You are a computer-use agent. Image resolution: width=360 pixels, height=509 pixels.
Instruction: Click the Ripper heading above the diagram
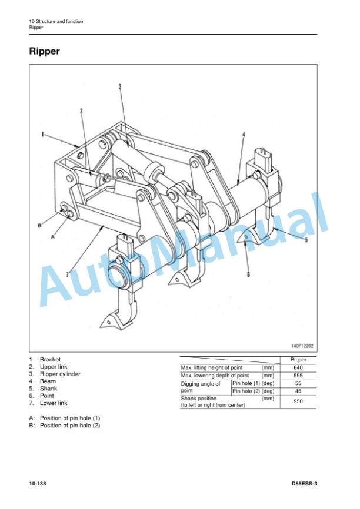45,51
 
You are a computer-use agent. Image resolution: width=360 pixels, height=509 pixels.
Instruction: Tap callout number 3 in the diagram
120,86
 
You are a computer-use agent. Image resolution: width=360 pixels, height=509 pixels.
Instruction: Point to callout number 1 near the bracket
42,134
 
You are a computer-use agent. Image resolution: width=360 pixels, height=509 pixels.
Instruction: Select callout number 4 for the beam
244,135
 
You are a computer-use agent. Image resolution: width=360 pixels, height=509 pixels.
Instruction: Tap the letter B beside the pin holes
40,226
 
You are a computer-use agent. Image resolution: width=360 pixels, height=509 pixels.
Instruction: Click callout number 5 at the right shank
306,240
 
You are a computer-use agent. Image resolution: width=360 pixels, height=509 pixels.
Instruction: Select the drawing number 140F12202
302,346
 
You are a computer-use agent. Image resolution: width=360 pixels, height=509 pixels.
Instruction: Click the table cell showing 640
298,367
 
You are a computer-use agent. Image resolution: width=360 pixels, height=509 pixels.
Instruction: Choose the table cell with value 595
298,375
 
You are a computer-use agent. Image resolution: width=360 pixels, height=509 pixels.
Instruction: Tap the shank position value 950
298,401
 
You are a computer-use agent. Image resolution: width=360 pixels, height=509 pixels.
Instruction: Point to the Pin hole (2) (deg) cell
254,391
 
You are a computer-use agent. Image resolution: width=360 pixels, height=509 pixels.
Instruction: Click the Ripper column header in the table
298,360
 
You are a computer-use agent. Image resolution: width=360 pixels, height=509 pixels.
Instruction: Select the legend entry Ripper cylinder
60,374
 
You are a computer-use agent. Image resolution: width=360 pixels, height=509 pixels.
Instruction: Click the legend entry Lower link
54,403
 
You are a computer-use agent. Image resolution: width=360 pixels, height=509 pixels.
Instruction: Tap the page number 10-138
38,484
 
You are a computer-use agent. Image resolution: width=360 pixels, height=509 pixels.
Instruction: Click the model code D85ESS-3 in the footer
305,484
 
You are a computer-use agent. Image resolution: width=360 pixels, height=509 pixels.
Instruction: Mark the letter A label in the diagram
53,237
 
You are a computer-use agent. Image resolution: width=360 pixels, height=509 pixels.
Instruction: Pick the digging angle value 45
298,391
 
